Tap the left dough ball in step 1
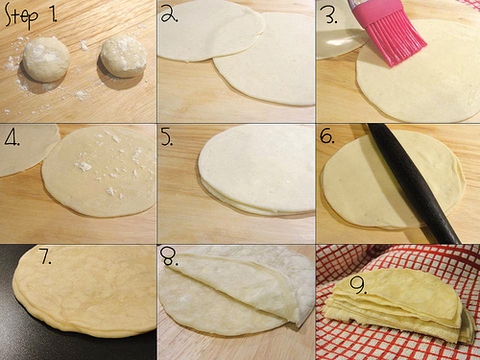pyautogui.click(x=46, y=60)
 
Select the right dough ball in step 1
pyautogui.click(x=124, y=57)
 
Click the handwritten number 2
pyautogui.click(x=169, y=14)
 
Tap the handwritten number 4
pyautogui.click(x=12, y=137)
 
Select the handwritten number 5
pyautogui.click(x=167, y=137)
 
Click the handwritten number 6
pyautogui.click(x=327, y=137)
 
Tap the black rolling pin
pyautogui.click(x=415, y=183)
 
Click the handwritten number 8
pyautogui.click(x=170, y=256)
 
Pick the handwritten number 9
pyautogui.click(x=358, y=285)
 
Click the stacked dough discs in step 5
pyautogui.click(x=256, y=170)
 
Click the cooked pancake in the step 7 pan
pyautogui.click(x=84, y=290)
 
